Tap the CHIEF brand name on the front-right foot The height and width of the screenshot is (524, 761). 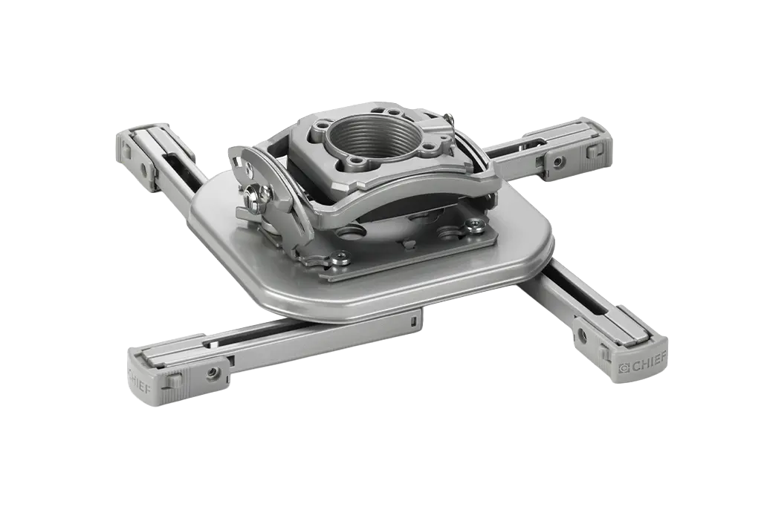650,364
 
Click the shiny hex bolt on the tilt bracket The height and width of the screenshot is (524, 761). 252,194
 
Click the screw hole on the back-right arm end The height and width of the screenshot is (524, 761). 559,160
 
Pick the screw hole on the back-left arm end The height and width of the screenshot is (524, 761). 143,170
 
